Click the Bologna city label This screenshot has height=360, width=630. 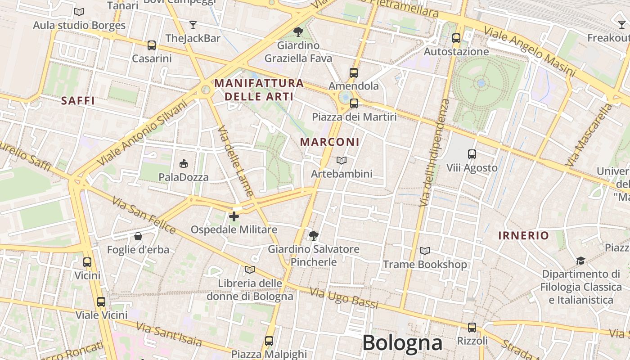(x=402, y=343)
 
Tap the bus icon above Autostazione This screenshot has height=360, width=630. (x=456, y=38)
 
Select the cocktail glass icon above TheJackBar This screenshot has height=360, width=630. (x=193, y=25)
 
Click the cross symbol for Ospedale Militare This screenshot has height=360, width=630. (x=234, y=217)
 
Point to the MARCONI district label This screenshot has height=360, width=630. (x=330, y=142)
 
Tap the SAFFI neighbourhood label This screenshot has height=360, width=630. (x=78, y=101)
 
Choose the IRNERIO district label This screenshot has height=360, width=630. (x=523, y=235)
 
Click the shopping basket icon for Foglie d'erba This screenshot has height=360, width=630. (x=138, y=236)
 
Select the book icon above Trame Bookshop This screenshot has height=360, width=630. (x=424, y=251)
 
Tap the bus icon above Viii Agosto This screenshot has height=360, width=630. (x=472, y=154)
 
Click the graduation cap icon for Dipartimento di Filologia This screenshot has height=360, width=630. (x=581, y=261)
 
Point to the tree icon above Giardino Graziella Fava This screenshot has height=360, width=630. (x=298, y=31)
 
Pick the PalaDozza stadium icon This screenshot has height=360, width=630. (x=184, y=163)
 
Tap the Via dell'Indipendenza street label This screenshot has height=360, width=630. (x=434, y=153)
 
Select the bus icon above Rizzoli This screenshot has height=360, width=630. (x=472, y=328)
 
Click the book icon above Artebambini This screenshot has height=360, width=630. (x=342, y=160)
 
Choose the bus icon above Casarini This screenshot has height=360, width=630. (x=152, y=45)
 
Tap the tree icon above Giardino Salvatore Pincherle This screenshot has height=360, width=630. (x=314, y=235)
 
